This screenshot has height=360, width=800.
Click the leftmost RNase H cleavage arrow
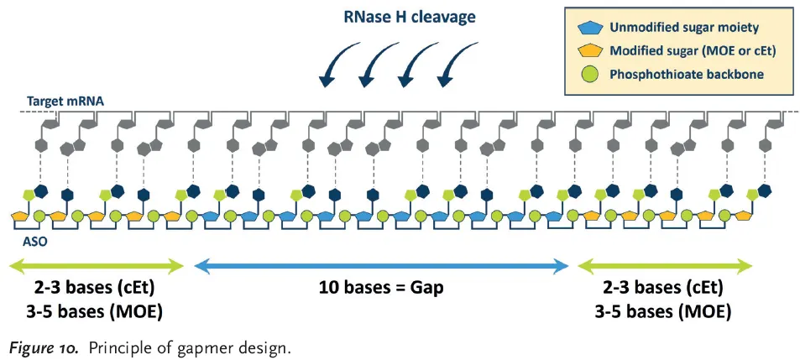(x=337, y=66)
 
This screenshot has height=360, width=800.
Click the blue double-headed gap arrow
(x=381, y=267)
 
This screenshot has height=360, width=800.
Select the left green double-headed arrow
(x=95, y=267)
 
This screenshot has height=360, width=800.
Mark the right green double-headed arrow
(x=662, y=267)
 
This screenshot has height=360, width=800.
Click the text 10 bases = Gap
(x=380, y=290)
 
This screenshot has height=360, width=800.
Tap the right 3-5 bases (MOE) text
(x=662, y=312)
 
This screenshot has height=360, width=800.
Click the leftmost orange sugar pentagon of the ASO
(x=20, y=217)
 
